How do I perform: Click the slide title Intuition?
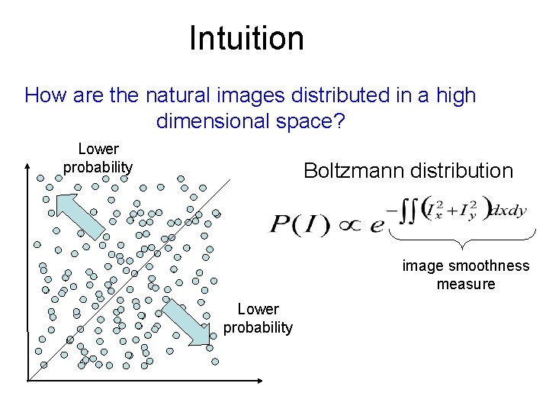pyautogui.click(x=246, y=38)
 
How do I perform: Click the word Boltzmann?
pyautogui.click(x=353, y=170)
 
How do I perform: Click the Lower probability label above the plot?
pyautogui.click(x=98, y=158)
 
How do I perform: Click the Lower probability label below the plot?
pyautogui.click(x=258, y=318)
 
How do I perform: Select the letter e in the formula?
pyautogui.click(x=375, y=227)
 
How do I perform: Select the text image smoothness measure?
pyautogui.click(x=465, y=275)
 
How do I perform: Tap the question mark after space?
pyautogui.click(x=339, y=121)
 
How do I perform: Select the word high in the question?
pyautogui.click(x=454, y=96)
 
